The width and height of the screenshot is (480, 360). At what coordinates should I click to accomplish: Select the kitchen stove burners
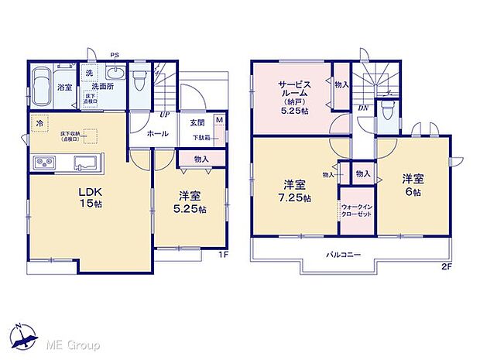(44, 163)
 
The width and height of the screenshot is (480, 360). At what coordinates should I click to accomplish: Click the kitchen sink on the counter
(84, 163)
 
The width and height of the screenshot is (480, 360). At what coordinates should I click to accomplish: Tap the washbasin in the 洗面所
(115, 74)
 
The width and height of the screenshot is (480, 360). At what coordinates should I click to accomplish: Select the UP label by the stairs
(165, 115)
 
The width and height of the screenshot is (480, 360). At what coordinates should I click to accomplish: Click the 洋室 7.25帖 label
(294, 191)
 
